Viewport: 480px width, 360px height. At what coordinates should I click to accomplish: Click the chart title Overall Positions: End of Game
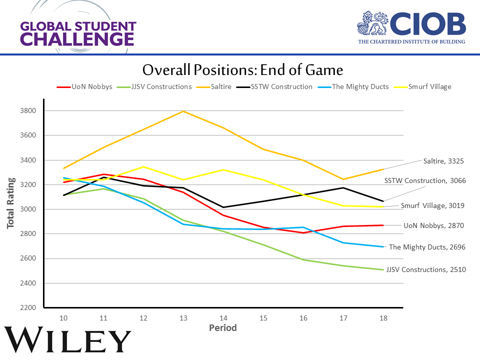pyautogui.click(x=242, y=69)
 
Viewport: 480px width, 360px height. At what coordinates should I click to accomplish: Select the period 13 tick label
pyautogui.click(x=183, y=318)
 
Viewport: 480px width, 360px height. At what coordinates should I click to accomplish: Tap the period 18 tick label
pyautogui.click(x=383, y=318)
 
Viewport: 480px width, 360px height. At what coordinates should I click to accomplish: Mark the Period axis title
pyautogui.click(x=222, y=328)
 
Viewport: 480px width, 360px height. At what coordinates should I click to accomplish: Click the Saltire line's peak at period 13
pyautogui.click(x=183, y=111)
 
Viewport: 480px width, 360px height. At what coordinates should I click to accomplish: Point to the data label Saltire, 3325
pyautogui.click(x=444, y=161)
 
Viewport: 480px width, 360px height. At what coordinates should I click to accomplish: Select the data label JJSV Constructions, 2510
pyautogui.click(x=426, y=269)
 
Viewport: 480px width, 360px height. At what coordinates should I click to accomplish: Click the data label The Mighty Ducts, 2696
pyautogui.click(x=427, y=247)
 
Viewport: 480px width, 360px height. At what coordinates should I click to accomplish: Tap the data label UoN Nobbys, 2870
pyautogui.click(x=434, y=225)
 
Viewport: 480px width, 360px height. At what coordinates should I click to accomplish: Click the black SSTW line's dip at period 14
pyautogui.click(x=223, y=207)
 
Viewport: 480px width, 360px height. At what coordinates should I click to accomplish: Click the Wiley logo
pyautogui.click(x=68, y=341)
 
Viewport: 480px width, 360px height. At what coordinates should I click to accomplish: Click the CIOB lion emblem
pyautogui.click(x=373, y=23)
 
